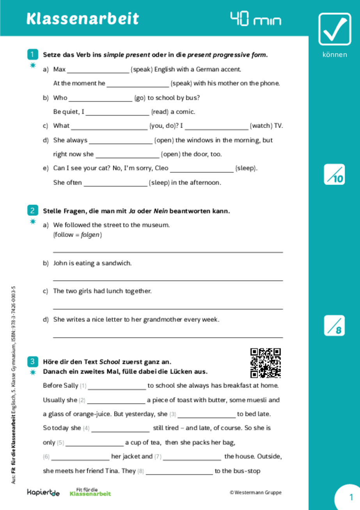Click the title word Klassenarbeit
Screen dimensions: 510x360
coord(83,19)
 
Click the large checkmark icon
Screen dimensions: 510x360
coord(334,29)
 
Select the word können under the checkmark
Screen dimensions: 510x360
coord(334,55)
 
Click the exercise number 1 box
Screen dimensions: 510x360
coord(32,54)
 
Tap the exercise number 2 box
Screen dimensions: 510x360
coord(32,211)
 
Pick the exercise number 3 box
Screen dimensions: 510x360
coord(32,361)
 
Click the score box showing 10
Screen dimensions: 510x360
coord(334,174)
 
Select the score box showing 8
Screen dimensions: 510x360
coord(334,325)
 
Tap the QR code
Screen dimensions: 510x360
coord(265,363)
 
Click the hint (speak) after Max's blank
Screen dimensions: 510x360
coord(142,70)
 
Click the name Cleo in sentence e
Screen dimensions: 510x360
coord(161,169)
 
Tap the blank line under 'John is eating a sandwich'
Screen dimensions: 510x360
coord(168,279)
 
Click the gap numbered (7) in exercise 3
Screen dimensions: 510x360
coord(192,457)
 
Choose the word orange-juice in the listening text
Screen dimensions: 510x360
coord(91,414)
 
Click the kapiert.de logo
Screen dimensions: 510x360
coord(43,493)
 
